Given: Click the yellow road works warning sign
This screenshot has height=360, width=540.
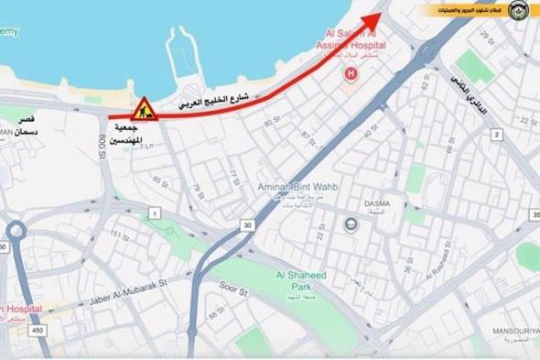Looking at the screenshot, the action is click(x=144, y=110).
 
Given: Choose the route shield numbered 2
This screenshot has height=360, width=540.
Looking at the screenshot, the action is click(x=497, y=135).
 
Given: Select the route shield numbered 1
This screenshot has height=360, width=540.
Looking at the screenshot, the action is click(x=156, y=213).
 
